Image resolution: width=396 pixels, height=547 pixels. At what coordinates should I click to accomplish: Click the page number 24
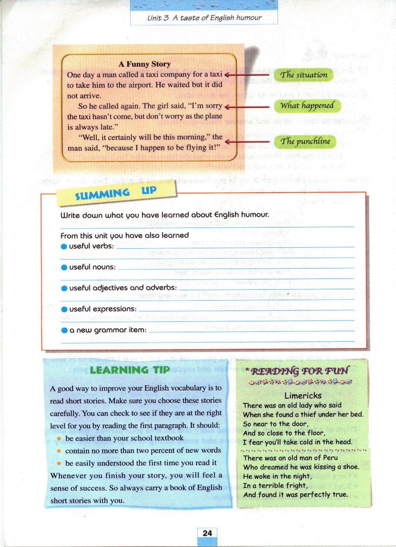(207, 533)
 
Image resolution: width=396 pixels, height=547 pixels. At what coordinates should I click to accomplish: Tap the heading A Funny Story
(144, 64)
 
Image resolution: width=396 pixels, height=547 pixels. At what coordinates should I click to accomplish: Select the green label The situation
(304, 75)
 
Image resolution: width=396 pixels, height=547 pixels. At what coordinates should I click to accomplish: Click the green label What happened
(307, 106)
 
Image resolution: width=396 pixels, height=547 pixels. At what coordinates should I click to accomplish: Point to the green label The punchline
(305, 141)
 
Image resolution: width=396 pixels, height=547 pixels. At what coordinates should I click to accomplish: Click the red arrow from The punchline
(247, 142)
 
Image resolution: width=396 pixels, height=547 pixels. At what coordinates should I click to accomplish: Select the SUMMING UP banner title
(116, 193)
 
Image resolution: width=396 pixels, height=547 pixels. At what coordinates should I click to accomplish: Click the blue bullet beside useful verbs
(64, 247)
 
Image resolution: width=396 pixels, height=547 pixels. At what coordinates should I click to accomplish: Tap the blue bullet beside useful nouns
(64, 268)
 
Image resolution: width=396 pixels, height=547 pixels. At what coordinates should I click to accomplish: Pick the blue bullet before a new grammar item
(64, 331)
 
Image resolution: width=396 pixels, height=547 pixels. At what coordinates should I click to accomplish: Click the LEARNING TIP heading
(130, 370)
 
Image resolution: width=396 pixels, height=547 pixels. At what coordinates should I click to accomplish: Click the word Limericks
(303, 395)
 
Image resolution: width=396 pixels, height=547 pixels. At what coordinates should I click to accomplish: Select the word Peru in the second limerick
(330, 458)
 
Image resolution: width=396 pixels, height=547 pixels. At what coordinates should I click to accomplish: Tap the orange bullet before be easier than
(59, 438)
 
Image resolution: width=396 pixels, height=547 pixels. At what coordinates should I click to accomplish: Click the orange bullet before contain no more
(59, 451)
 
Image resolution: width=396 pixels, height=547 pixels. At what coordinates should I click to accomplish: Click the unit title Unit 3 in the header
(158, 18)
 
